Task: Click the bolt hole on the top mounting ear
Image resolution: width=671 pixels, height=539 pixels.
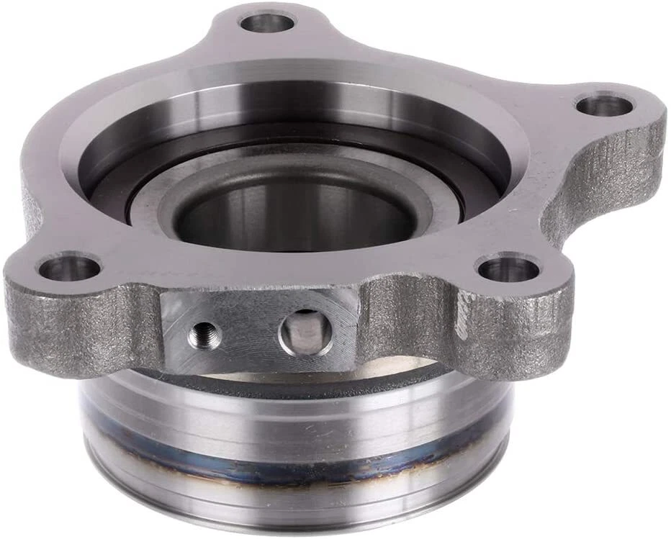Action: (267, 22)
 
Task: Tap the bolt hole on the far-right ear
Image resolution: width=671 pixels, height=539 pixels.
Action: (605, 105)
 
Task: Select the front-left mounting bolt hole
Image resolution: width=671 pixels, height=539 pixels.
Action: (68, 268)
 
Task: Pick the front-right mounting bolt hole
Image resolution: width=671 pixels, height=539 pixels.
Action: (508, 270)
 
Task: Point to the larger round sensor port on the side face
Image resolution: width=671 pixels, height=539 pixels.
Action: (306, 332)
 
